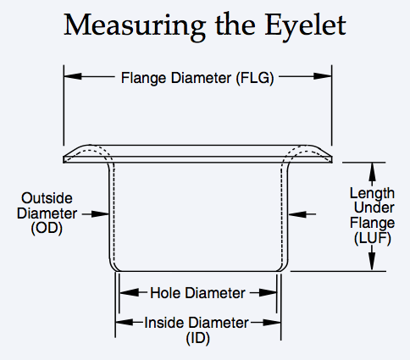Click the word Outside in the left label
pos(43,198)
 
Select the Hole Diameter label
pos(197,293)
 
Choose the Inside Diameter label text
pos(197,323)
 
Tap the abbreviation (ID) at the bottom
pos(197,337)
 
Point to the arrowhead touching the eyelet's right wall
pos(296,213)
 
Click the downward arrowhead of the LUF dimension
pos(371,264)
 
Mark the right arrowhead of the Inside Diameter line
pos(275,323)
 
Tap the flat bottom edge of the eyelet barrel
pos(198,270)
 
